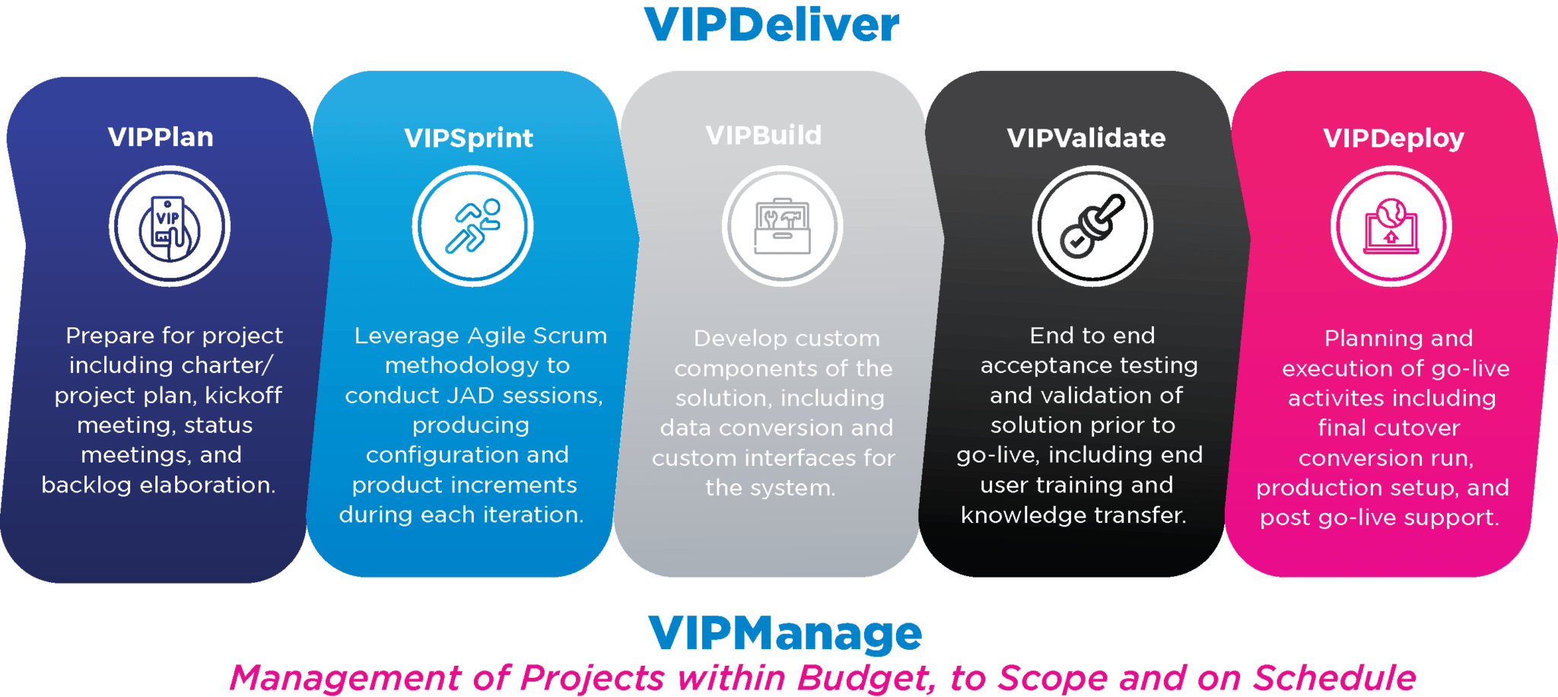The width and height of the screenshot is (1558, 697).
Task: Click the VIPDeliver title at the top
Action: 771,25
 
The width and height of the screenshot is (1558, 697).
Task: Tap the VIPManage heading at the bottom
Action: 784,635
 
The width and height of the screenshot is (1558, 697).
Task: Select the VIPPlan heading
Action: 161,137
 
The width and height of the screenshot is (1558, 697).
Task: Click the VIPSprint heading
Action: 469,138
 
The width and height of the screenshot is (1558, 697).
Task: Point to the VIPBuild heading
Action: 764,135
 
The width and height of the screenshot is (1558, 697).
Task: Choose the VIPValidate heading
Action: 1086,138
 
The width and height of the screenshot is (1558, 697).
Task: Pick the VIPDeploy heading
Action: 1394,138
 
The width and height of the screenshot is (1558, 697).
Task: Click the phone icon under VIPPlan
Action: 170,227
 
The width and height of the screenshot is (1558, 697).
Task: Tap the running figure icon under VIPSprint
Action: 473,226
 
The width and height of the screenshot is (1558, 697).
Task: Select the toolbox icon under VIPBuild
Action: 782,227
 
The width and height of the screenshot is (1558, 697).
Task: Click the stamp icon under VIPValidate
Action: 1092,227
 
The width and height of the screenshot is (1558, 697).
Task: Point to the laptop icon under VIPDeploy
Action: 1391,227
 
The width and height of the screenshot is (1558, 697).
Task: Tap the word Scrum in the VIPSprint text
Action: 570,336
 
